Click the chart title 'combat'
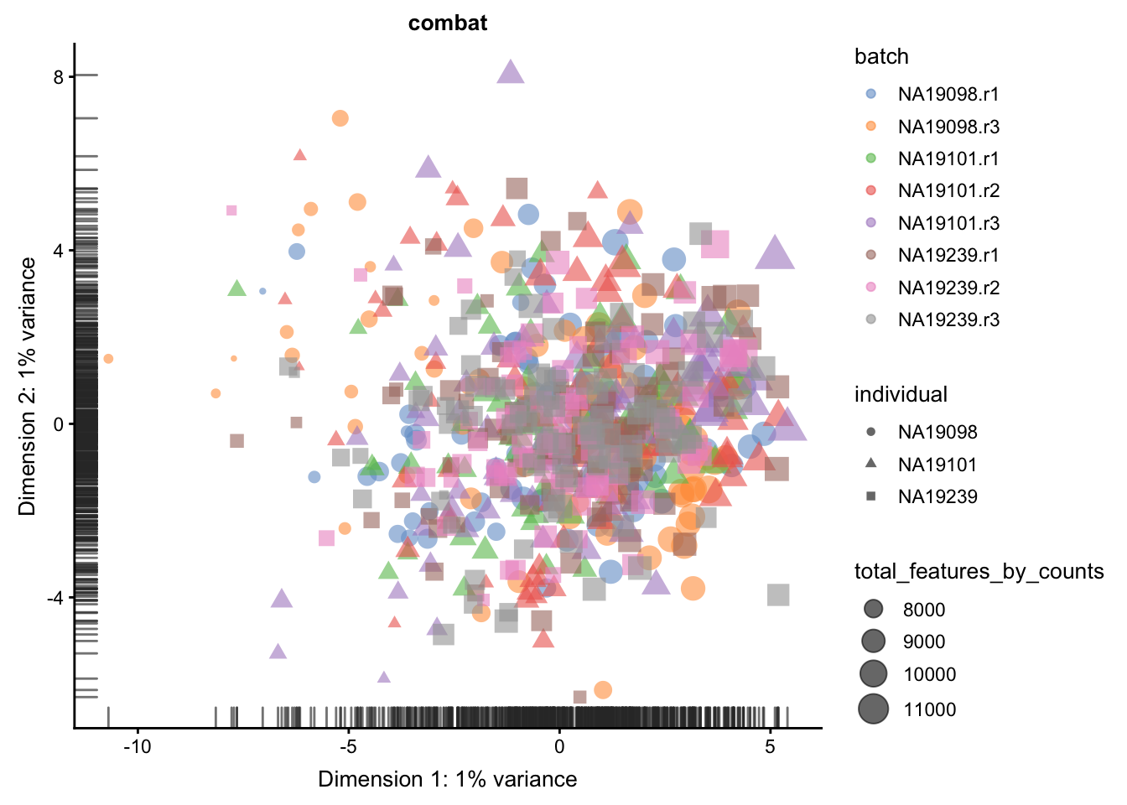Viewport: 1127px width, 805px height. click(x=447, y=23)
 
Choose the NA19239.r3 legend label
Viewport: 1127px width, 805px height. click(x=948, y=319)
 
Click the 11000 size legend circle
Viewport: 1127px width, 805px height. click(x=874, y=709)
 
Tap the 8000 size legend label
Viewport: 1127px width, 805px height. click(x=924, y=610)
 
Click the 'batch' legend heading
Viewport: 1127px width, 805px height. click(x=881, y=56)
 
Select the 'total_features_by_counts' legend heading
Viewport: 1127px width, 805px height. click(x=979, y=572)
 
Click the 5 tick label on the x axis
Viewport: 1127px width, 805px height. click(x=770, y=746)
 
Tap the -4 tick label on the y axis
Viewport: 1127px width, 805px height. click(x=56, y=598)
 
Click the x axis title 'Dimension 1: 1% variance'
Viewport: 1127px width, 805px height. click(x=447, y=779)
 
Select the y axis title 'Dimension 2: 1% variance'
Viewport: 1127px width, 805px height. click(x=27, y=386)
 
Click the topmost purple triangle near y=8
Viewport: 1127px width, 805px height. click(x=510, y=72)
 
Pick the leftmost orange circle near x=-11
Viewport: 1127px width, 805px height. click(x=108, y=359)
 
